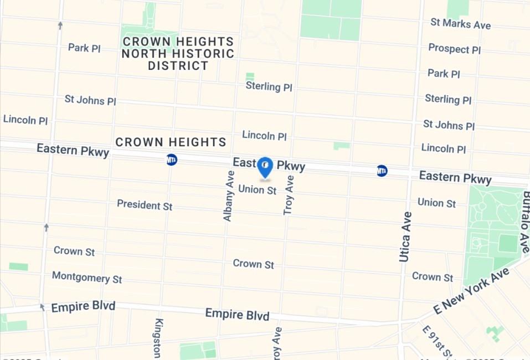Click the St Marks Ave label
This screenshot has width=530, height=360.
click(x=460, y=24)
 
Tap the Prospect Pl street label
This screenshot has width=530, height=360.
click(x=454, y=49)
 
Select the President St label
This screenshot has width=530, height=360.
click(x=145, y=205)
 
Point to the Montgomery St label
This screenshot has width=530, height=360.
click(x=87, y=277)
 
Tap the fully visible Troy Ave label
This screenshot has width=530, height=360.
click(x=289, y=195)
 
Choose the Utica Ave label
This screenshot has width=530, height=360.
click(x=405, y=236)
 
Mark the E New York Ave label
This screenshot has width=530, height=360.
click(x=471, y=291)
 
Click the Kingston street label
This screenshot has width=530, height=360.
click(x=158, y=338)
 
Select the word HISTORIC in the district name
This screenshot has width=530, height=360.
click(x=205, y=54)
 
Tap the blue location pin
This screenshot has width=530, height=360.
click(x=265, y=166)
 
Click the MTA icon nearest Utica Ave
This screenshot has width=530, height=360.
click(x=382, y=171)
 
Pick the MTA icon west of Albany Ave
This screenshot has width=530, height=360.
click(x=172, y=160)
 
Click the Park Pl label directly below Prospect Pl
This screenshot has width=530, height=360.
click(x=444, y=74)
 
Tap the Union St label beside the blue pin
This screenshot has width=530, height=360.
click(x=257, y=190)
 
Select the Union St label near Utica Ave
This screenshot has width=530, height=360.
click(x=436, y=203)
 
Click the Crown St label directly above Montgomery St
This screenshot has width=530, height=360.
click(x=74, y=251)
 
